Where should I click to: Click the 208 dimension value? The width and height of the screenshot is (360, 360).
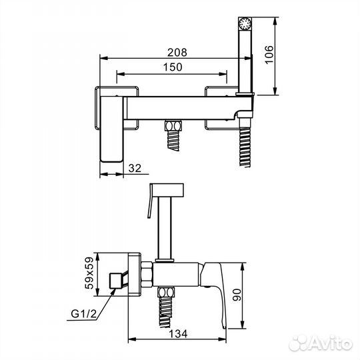pos(177,53)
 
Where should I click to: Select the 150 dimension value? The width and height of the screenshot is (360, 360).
pos(173,67)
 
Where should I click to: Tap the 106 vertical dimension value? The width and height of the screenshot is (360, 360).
pos(269,55)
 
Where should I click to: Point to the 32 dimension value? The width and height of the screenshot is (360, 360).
pos(135,168)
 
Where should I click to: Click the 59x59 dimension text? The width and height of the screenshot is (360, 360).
pos(89,273)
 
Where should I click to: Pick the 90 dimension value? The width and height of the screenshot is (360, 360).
pos(237,295)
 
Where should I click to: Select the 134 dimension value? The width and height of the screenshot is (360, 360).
pos(178,334)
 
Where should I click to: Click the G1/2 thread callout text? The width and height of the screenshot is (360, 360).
pos(84,313)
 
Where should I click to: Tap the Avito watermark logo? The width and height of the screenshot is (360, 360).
pos(321,344)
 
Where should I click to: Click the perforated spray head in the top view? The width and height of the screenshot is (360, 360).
pos(245,23)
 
